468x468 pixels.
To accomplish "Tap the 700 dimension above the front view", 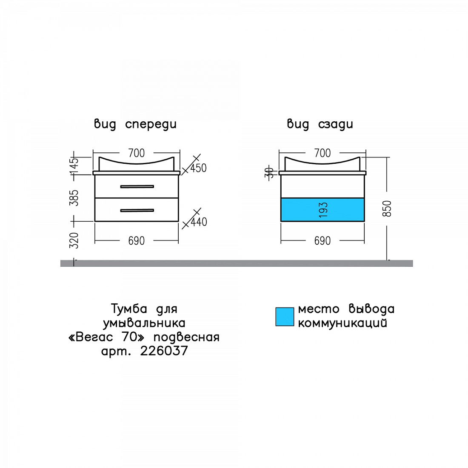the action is tap(137, 153).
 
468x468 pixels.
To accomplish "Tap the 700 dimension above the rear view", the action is tap(322, 153).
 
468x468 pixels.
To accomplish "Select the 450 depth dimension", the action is tap(199, 168).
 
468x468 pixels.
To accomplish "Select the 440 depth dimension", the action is tap(199, 222).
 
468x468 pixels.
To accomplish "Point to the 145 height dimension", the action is tap(74, 166).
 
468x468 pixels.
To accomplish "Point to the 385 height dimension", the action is tap(74, 198).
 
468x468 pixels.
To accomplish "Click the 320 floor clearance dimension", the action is tap(74, 240).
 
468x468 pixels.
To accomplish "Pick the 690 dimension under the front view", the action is tap(137, 241).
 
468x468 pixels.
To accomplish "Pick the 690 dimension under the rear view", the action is tap(322, 241).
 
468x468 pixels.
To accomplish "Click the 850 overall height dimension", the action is tap(387, 208).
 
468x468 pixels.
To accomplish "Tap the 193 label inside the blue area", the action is tap(323, 210).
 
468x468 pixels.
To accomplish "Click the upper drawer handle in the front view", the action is tap(137, 186).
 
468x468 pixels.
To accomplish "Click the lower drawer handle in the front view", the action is tap(137, 211).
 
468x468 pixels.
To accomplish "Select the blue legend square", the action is tap(285, 317).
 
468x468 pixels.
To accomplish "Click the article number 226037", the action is tap(164, 351).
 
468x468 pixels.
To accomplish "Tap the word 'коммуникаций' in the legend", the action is tap(342, 323).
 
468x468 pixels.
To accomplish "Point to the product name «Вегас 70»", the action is tap(106, 337).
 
